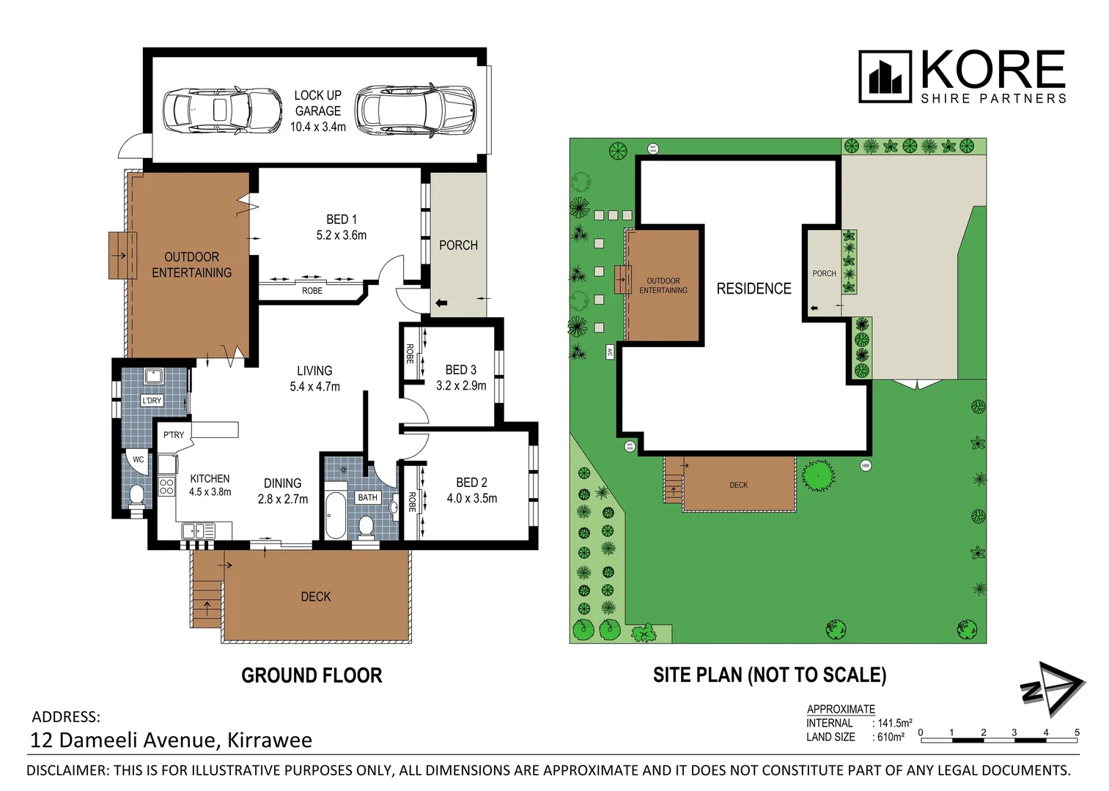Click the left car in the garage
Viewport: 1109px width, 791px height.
(222, 111)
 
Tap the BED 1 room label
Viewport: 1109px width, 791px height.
(342, 219)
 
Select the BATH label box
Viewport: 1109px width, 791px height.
(368, 497)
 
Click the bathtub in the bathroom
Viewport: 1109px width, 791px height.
(336, 515)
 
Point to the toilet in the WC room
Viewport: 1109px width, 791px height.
(136, 496)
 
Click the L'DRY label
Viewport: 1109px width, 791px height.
(152, 401)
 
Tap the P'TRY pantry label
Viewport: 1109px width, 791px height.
(174, 435)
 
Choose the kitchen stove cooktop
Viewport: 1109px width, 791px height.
(166, 486)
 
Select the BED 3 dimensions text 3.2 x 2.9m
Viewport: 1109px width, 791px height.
(461, 385)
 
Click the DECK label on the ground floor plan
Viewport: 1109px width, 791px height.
(316, 597)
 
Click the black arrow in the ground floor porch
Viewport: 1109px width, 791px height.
(441, 302)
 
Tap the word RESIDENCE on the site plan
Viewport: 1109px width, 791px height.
(754, 289)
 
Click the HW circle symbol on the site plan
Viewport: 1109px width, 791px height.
(866, 465)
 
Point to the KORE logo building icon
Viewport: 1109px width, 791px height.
(885, 77)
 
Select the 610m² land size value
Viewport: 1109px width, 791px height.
(891, 738)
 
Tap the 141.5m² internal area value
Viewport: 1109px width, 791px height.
(895, 723)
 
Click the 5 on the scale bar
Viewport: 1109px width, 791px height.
(1076, 732)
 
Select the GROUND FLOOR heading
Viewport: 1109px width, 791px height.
(312, 675)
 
